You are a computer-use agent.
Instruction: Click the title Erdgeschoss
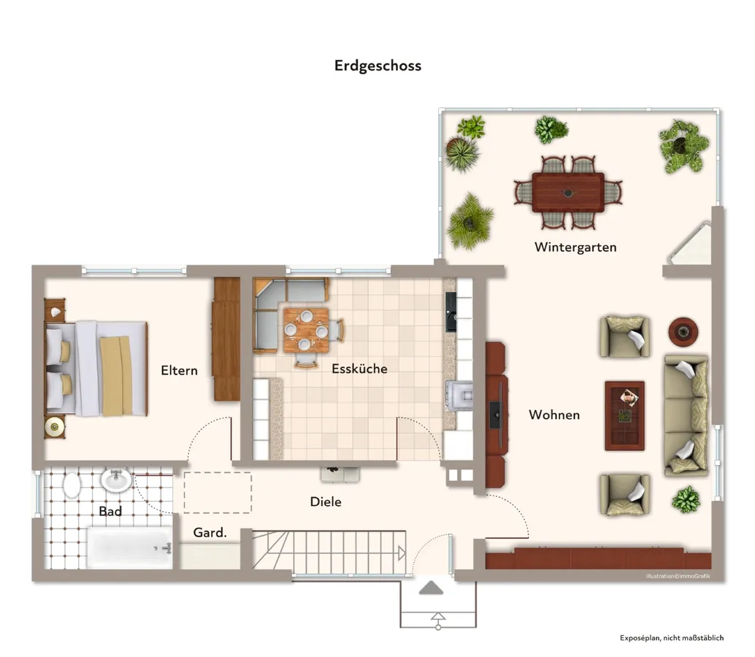pos(377,66)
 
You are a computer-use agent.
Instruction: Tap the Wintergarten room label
pos(575,247)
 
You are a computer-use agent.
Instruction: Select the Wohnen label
pos(554,415)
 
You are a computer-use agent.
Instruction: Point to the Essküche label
pos(359,369)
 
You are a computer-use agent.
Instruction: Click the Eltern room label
pos(179,370)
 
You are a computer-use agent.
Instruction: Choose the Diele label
pos(326,502)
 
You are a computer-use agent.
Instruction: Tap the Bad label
pos(110,511)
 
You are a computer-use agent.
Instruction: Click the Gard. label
pos(210,533)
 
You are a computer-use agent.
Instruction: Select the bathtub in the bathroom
pos(129,547)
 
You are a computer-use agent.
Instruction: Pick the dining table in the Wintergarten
pos(568,192)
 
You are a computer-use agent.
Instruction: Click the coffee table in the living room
pos(624,415)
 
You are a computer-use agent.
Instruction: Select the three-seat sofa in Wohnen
pos(686,415)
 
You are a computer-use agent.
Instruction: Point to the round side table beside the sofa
pos(683,331)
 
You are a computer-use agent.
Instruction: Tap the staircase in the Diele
pos(329,552)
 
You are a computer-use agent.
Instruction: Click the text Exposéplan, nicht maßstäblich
pos(672,638)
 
